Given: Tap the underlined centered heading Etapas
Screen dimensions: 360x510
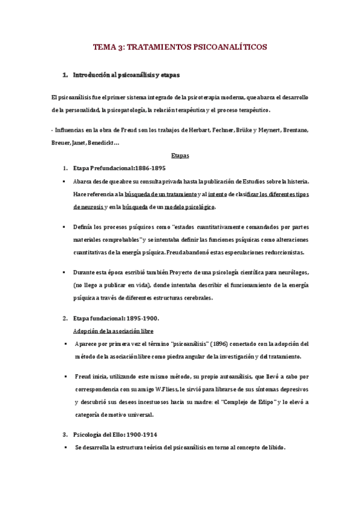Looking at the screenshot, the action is (180, 156).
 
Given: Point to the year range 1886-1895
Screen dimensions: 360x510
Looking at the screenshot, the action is (144, 168).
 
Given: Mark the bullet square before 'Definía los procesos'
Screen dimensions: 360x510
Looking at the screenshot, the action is (64, 227).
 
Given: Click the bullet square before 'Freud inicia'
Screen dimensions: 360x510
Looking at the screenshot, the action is (64, 376).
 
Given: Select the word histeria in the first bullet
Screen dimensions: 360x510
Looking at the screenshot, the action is (294, 181).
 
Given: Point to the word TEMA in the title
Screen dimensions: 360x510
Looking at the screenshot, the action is (105, 46).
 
